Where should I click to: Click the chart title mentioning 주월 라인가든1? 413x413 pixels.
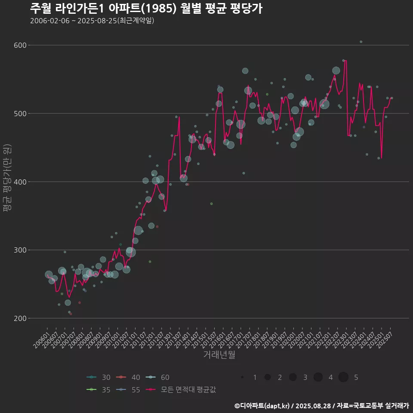pyautogui.click(x=146, y=9)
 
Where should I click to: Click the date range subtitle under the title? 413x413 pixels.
pyautogui.click(x=92, y=21)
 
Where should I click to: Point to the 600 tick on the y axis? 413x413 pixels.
pyautogui.click(x=21, y=45)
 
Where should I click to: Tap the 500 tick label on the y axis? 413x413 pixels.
pyautogui.click(x=21, y=114)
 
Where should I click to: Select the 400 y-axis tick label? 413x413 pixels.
pyautogui.click(x=21, y=182)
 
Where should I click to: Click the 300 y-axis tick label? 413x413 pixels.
pyautogui.click(x=21, y=250)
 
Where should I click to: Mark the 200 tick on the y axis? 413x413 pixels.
pyautogui.click(x=21, y=318)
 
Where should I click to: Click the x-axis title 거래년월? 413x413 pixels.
pyautogui.click(x=219, y=355)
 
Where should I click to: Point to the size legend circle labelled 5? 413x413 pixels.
pyautogui.click(x=343, y=377)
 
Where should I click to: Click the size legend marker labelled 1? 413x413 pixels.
pyautogui.click(x=243, y=377)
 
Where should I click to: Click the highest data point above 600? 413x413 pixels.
pyautogui.click(x=361, y=42)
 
